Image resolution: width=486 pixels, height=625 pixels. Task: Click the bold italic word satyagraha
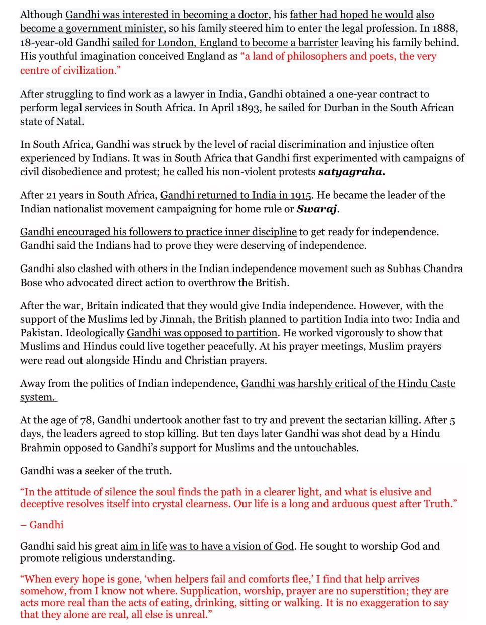tap(351, 172)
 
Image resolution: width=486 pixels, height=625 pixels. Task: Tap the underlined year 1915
tap(300, 195)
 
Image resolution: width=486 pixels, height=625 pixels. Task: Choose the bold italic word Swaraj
tap(316, 209)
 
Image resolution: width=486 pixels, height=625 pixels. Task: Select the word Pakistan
tap(40, 333)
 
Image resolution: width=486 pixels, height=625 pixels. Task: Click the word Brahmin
tap(40, 448)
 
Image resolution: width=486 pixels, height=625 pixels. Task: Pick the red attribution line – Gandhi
tap(42, 525)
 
